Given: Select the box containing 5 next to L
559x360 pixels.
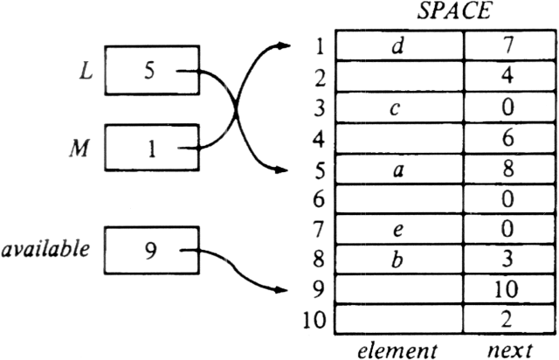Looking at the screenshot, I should pos(151,74).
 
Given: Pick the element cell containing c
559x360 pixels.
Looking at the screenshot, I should pos(400,108).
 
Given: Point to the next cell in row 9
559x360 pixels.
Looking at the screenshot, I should pos(507,289).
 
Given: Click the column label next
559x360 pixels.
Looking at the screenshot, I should pos(507,349).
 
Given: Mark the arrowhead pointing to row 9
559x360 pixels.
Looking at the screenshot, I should pos(281,289).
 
